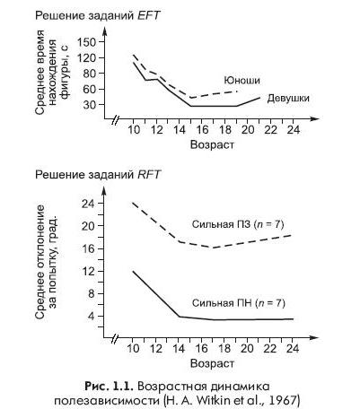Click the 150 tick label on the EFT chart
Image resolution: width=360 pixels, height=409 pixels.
click(x=86, y=42)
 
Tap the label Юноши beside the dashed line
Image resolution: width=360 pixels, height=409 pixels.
click(x=241, y=81)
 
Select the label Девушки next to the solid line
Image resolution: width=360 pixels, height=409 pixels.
click(x=288, y=98)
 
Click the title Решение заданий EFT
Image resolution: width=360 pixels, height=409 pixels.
click(x=98, y=15)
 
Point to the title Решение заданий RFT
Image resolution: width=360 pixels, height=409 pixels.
click(x=98, y=174)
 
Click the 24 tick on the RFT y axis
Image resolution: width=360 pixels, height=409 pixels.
click(x=88, y=204)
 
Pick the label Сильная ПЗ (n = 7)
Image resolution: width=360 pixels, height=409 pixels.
click(x=238, y=224)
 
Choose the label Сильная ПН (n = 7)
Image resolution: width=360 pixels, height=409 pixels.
click(x=239, y=303)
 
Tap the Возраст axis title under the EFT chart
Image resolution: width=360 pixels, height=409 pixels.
click(x=212, y=145)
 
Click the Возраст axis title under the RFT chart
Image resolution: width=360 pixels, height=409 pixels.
click(x=212, y=363)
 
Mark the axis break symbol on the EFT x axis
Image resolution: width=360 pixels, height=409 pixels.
click(x=115, y=119)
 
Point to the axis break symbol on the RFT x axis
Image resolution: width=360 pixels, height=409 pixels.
click(x=115, y=338)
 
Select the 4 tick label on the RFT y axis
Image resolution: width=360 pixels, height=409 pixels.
click(x=91, y=316)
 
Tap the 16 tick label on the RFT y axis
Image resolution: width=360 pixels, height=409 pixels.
click(x=88, y=248)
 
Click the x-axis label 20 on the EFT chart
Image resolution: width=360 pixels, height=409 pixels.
click(x=248, y=130)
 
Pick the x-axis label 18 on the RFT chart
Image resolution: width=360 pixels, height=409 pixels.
click(x=224, y=349)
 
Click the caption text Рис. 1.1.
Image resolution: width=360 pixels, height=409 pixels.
click(x=109, y=387)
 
